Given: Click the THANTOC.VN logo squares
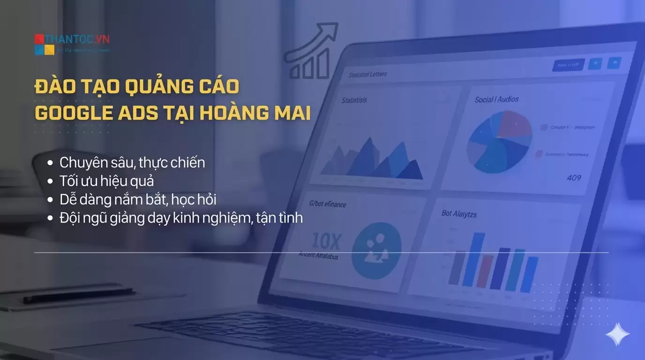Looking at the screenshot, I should click(45, 45).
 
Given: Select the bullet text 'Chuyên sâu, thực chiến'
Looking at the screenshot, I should click(132, 163).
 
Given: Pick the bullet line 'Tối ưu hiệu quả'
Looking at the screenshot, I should click(106, 181).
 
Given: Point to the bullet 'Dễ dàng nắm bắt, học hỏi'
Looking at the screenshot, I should click(138, 199).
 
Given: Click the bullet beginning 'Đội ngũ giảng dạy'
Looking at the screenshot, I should click(181, 217).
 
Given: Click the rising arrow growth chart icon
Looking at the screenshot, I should click(312, 52).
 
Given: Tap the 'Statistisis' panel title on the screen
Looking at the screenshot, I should click(354, 100).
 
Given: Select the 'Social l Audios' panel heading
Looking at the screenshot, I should click(496, 99).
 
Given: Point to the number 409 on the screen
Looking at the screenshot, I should click(574, 178).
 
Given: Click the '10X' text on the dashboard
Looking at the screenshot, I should click(325, 241).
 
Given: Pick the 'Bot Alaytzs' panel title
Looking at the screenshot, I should click(459, 213).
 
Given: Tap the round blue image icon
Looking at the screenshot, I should click(376, 250).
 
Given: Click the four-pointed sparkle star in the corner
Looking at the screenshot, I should click(617, 335).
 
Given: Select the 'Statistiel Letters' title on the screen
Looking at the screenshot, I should click(367, 75).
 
